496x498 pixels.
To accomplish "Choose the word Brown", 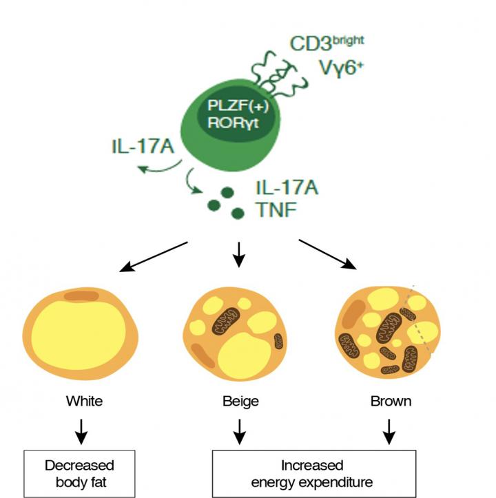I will coord(390,400).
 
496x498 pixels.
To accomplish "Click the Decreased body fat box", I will coord(79,473).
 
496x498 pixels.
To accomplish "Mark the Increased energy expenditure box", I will coord(313,473).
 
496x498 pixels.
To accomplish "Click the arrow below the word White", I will coord(81,431).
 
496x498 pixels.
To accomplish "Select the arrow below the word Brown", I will coord(389,431).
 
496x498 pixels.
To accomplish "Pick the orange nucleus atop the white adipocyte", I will coord(81,298).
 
